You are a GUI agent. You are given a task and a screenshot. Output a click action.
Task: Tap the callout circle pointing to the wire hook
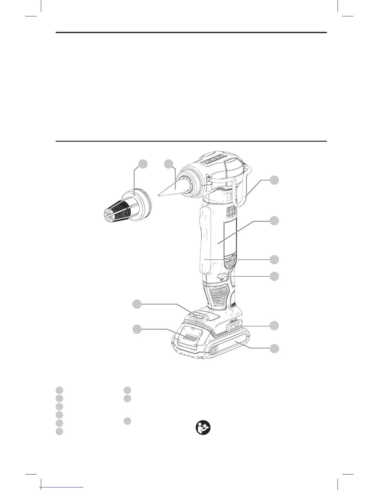[274, 180]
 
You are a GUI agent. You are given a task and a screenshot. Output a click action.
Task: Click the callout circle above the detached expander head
[143, 164]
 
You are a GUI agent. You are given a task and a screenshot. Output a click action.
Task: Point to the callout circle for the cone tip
[169, 164]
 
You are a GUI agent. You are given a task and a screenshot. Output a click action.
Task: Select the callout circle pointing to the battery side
[274, 349]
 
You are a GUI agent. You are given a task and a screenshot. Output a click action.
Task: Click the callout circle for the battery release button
[274, 325]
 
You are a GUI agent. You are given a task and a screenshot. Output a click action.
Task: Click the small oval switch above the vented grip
[223, 275]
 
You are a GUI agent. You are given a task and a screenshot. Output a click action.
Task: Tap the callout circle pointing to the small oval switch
[274, 276]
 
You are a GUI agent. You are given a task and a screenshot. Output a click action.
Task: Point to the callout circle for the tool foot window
[137, 304]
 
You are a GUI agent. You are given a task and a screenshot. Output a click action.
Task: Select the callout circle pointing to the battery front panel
[137, 329]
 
